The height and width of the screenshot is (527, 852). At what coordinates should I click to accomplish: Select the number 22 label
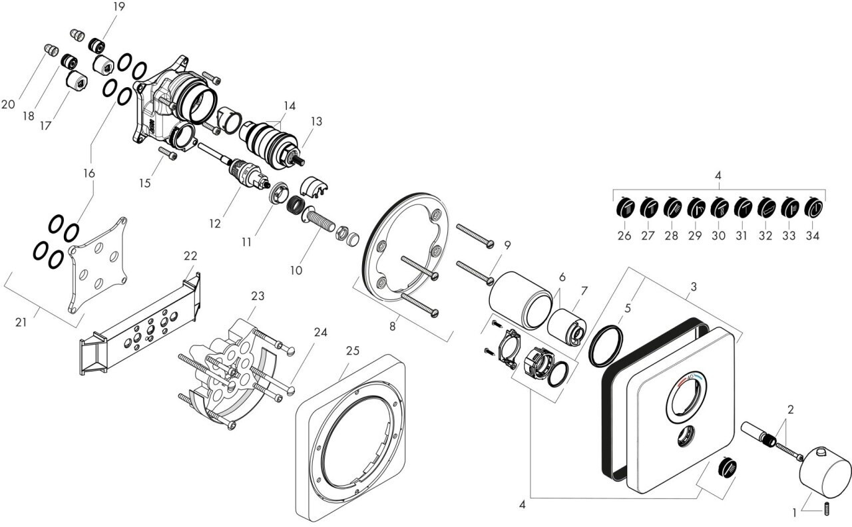pyautogui.click(x=191, y=256)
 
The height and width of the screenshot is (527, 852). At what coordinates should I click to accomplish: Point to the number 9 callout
pyautogui.click(x=507, y=245)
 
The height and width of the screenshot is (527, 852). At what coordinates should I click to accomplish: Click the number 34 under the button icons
pyautogui.click(x=813, y=235)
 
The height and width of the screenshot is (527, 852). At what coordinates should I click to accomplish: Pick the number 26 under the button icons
pyautogui.click(x=624, y=235)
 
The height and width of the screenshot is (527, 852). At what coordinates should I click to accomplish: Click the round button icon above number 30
pyautogui.click(x=720, y=209)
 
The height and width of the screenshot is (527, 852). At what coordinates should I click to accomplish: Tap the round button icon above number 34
pyautogui.click(x=814, y=209)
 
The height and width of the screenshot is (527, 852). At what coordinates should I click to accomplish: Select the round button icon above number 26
pyautogui.click(x=626, y=209)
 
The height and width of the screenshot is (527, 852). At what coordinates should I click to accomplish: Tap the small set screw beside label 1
pyautogui.click(x=826, y=510)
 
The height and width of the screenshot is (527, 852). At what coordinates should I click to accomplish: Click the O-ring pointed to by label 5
pyautogui.click(x=606, y=346)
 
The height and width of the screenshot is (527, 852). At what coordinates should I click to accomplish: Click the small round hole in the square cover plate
pyautogui.click(x=685, y=439)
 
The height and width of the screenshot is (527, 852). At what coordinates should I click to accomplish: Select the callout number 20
pyautogui.click(x=8, y=104)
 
